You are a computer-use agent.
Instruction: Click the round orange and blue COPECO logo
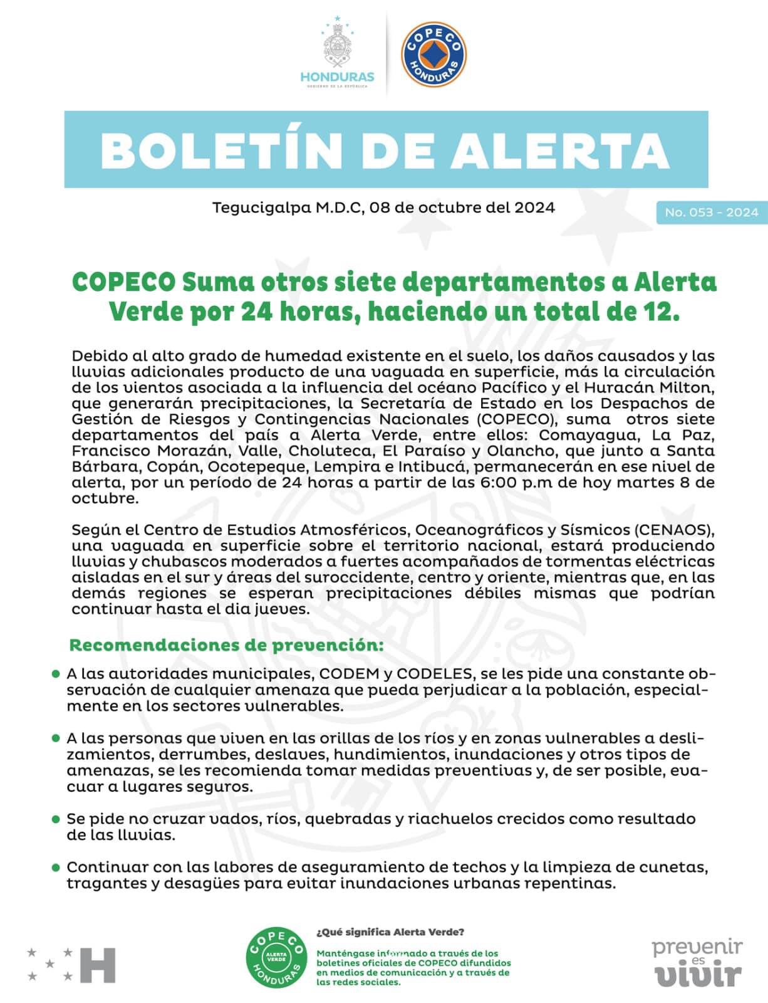point(433,54)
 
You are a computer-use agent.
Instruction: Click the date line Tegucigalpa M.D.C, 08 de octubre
point(383,207)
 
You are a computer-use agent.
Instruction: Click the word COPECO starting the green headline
point(123,282)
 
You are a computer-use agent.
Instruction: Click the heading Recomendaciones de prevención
point(226,645)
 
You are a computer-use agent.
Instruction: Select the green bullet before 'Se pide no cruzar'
point(56,819)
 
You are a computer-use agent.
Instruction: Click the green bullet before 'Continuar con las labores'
point(56,868)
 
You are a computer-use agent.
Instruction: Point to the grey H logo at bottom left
point(98,965)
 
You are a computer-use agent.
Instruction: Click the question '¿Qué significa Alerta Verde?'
point(391,932)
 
